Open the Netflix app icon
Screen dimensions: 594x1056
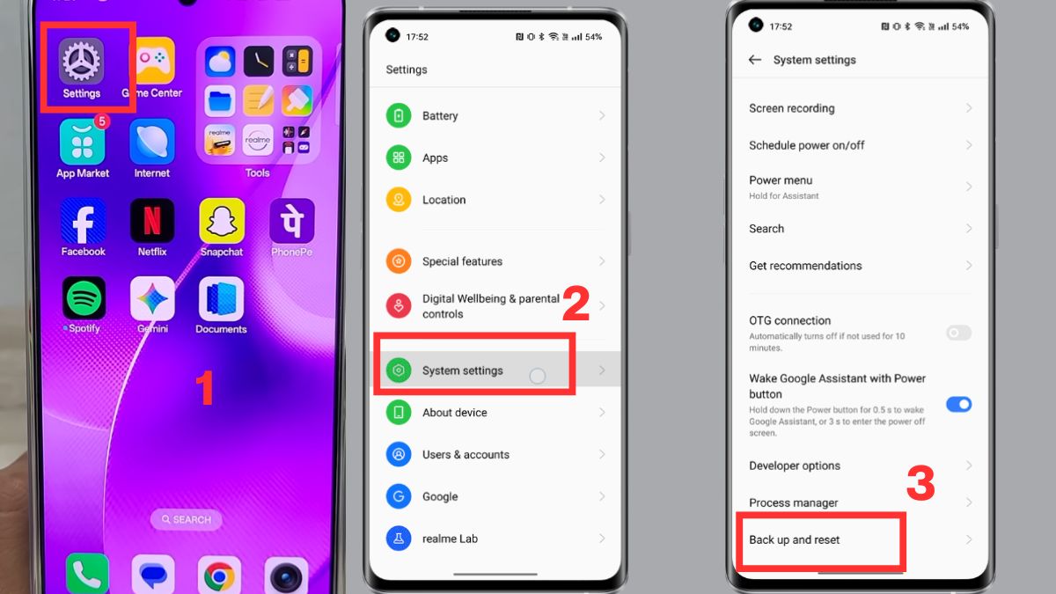152,220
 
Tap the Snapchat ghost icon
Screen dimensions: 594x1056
222,220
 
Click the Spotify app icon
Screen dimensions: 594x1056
84,298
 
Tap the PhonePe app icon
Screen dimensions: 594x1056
291,220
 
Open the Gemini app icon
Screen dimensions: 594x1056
152,298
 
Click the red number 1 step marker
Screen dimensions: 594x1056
204,389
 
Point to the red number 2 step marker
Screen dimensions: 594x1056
576,304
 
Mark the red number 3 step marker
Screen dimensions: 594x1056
920,483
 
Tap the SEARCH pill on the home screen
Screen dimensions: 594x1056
185,520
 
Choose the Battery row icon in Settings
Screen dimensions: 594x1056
399,116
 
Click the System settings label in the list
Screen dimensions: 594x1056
463,370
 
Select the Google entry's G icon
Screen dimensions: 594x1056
399,496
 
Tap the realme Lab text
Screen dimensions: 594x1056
450,539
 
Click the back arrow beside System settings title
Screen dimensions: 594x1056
754,60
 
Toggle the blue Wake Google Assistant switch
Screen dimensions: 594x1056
958,404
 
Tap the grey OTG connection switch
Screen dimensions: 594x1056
958,333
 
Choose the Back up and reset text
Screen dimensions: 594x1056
795,539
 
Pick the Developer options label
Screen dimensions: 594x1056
795,466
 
